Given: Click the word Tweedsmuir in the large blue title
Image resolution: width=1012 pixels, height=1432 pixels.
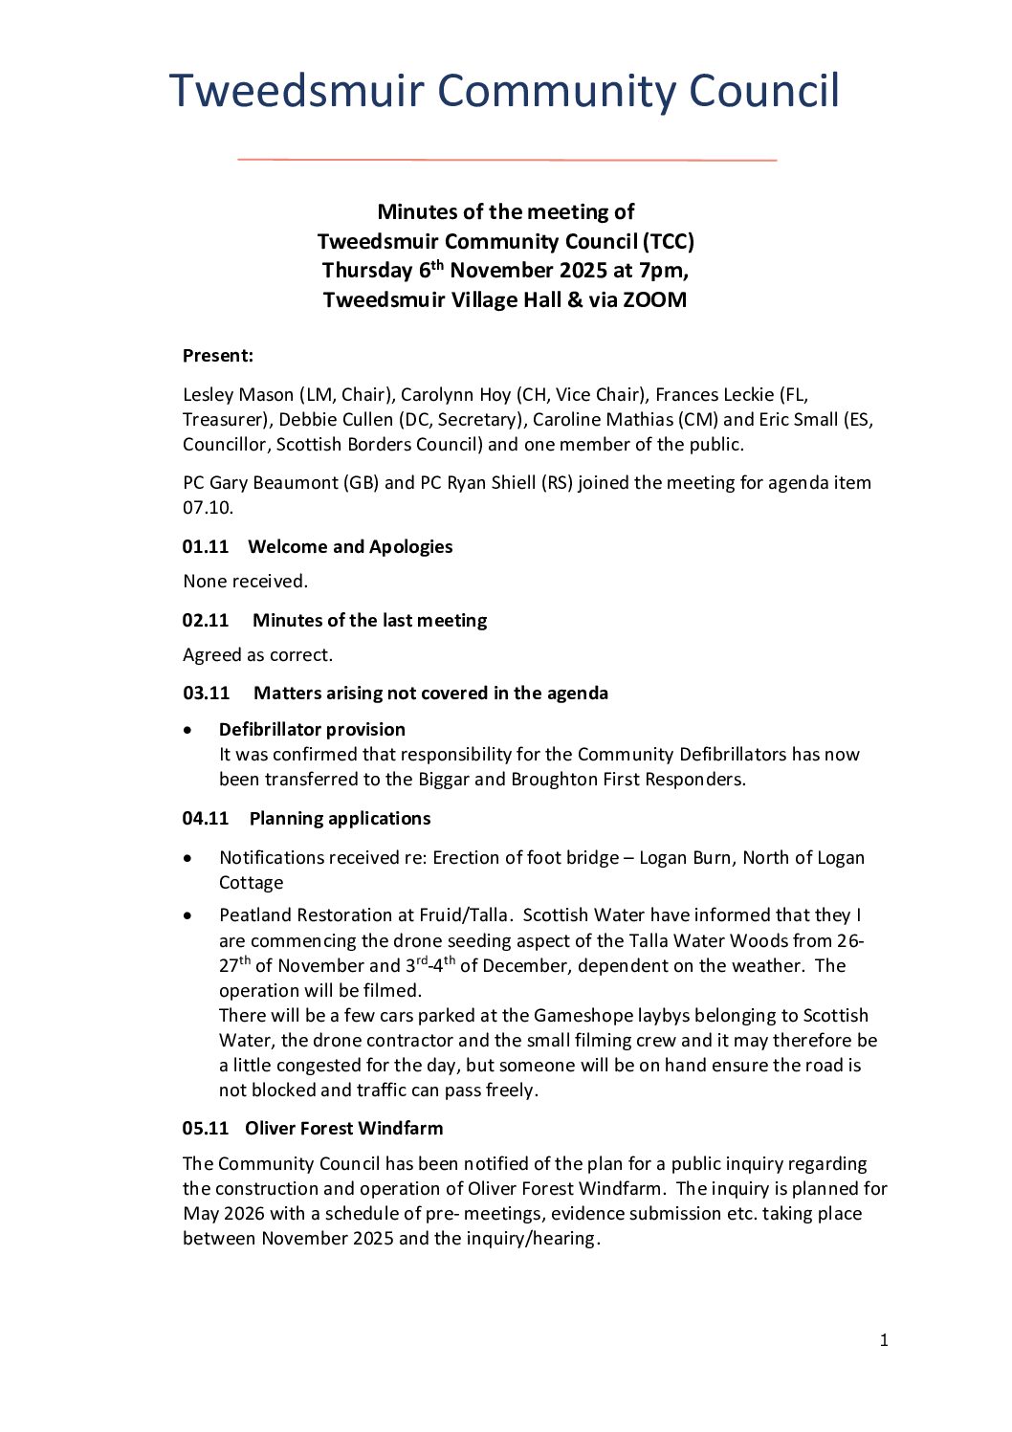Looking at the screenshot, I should click(296, 92).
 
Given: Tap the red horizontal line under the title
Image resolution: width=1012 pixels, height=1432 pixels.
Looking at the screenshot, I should click(506, 160).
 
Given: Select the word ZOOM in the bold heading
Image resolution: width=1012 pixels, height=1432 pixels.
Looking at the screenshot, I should click(654, 300).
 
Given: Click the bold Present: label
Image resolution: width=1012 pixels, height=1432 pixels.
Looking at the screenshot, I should click(218, 356).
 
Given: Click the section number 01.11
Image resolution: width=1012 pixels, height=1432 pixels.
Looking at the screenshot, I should click(206, 547).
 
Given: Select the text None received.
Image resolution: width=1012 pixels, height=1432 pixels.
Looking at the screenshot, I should click(246, 582).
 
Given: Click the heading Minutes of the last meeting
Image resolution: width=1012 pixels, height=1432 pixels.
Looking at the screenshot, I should click(369, 621).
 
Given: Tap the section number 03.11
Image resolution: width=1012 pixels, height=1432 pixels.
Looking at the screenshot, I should click(207, 694).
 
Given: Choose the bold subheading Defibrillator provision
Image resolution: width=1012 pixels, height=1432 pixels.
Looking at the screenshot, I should click(312, 730).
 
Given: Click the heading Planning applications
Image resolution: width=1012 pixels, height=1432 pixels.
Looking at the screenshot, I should click(340, 819).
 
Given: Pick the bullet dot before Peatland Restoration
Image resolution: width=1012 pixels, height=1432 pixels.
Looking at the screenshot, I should click(188, 916).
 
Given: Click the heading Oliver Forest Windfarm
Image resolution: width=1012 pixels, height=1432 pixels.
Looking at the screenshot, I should click(343, 1129).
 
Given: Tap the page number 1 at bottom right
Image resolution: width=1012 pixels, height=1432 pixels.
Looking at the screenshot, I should click(884, 1341).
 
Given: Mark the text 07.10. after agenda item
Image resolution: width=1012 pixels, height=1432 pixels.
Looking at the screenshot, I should click(208, 508).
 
